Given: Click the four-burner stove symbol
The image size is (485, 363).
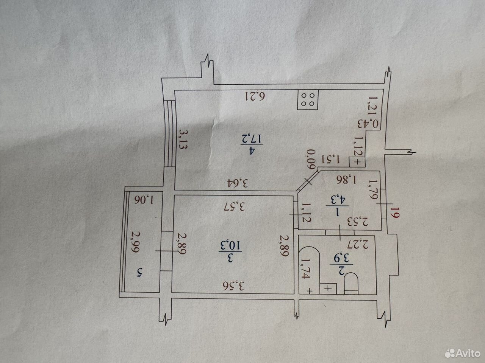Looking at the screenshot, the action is (x=308, y=99).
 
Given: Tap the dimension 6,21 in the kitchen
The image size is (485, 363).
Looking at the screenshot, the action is (x=255, y=96).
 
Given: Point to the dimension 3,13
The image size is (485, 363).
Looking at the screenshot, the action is (x=183, y=139).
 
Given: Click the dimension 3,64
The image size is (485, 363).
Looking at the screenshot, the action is (x=238, y=183).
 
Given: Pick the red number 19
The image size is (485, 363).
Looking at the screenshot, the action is (x=395, y=212).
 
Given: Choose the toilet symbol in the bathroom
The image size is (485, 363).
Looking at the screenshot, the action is (x=351, y=283).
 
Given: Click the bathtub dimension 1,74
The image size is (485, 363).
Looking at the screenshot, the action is (x=305, y=268).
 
